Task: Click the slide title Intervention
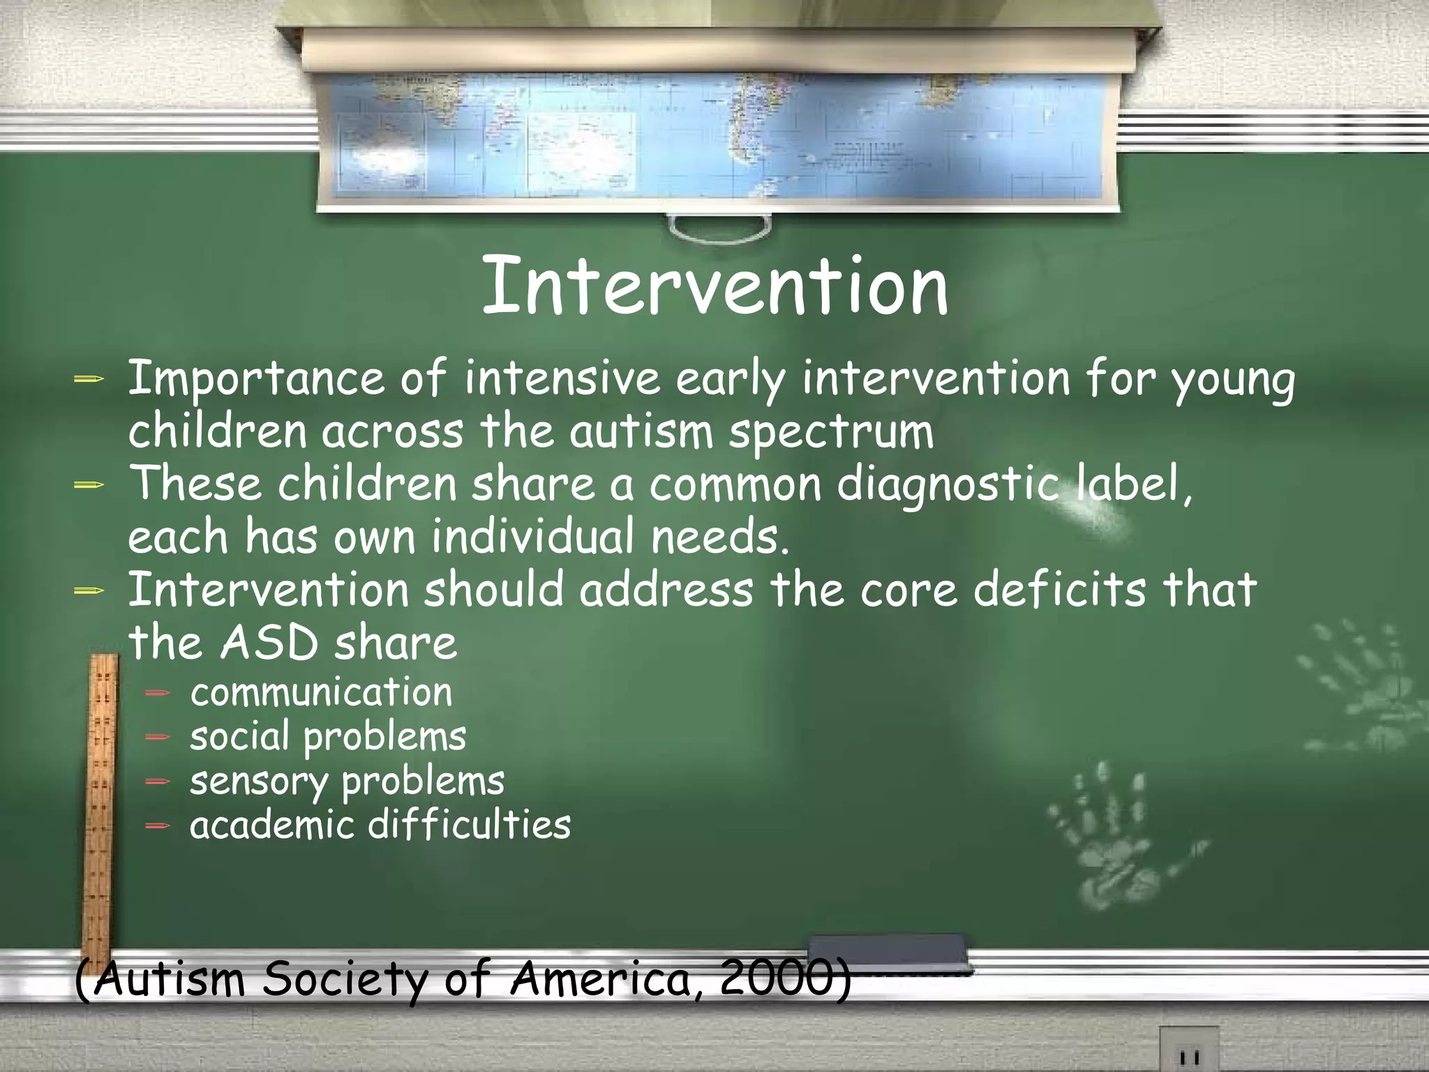click(714, 286)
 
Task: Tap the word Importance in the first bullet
click(255, 379)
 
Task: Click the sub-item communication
click(321, 692)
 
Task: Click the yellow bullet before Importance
click(89, 379)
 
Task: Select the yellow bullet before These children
click(89, 484)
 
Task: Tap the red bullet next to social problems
click(158, 737)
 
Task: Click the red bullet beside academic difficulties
click(158, 826)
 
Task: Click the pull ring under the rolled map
click(719, 228)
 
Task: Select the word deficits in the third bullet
click(1059, 590)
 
